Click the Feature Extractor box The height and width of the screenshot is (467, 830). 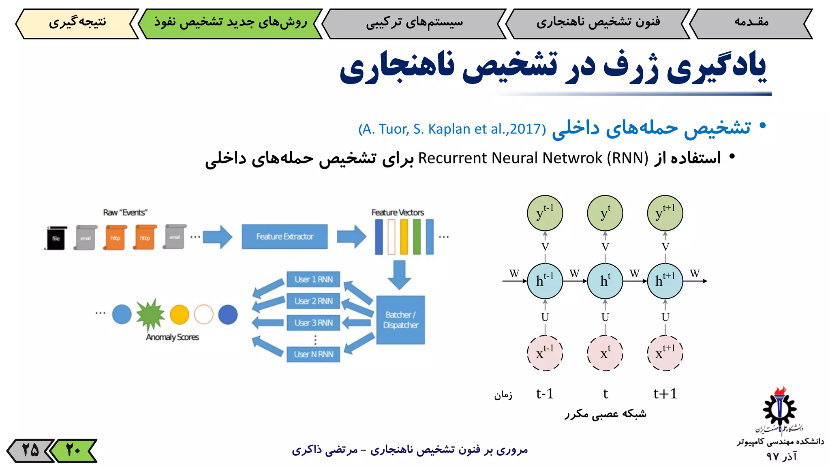pos(285,236)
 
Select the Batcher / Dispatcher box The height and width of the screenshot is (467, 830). pos(400,320)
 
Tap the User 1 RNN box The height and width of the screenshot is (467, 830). pos(313,279)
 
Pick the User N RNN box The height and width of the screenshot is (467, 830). pos(313,354)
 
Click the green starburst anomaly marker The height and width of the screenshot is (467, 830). pos(150,315)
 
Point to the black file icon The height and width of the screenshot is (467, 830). pos(56,238)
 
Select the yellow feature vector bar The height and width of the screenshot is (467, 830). pos(404,237)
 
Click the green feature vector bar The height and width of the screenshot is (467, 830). pos(417,237)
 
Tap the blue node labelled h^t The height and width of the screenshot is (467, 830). pos(605,281)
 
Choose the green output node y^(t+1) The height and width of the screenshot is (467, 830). pos(665,213)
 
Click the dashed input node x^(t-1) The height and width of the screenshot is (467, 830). pos(545,353)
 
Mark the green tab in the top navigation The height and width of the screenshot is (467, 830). pos(230,24)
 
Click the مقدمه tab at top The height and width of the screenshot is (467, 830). pos(751,24)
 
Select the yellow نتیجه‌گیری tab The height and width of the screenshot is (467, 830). pos(77,24)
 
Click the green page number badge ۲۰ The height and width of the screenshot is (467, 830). pos(74,450)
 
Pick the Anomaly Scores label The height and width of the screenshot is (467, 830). pos(173,337)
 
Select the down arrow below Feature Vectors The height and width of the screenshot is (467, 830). pos(399,274)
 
